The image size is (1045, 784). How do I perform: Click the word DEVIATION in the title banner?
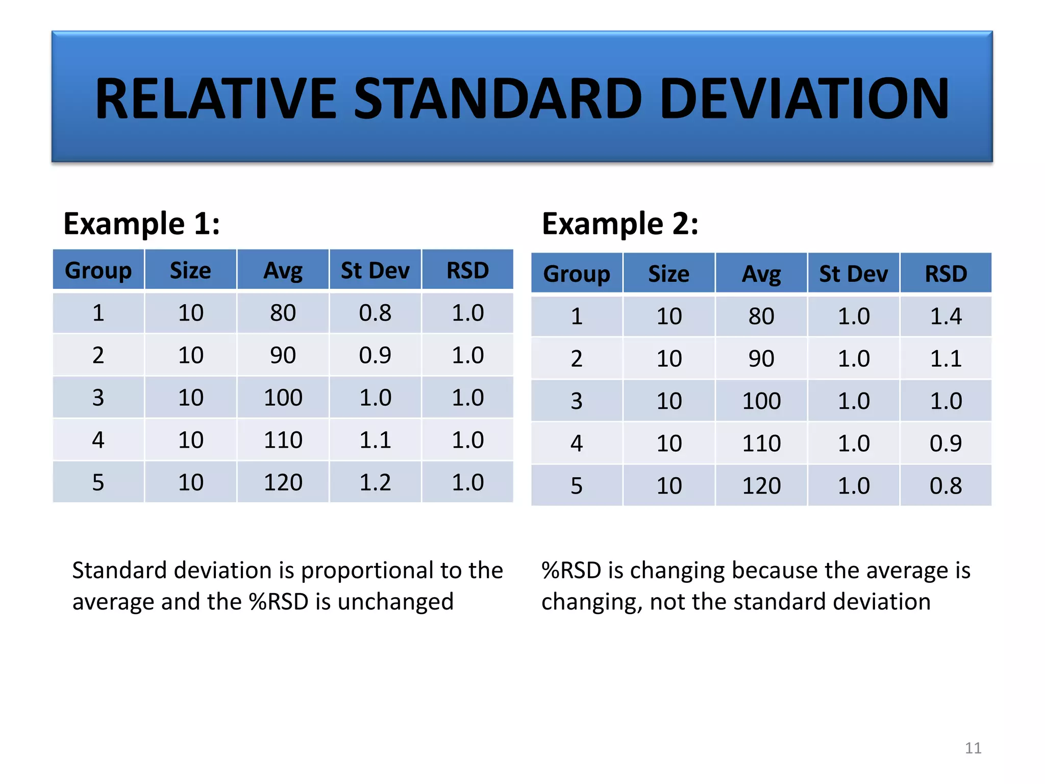804,99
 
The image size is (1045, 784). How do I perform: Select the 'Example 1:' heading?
141,224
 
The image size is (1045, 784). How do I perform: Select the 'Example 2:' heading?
620,224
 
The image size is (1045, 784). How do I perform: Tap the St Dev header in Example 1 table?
375,270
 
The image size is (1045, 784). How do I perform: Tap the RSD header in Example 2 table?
946,274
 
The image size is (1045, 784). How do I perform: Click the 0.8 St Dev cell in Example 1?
375,312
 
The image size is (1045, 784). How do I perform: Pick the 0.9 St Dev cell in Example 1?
375,355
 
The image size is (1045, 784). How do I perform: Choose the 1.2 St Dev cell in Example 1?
375,482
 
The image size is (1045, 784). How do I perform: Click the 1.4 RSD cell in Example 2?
946,316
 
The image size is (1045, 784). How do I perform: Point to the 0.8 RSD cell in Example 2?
946,485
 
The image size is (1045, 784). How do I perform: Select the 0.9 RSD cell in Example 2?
946,443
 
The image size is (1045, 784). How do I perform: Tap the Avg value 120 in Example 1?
283,482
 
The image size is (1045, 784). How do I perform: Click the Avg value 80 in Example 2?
761,316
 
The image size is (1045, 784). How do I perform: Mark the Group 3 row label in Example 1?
98,397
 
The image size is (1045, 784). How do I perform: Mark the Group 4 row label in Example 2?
577,443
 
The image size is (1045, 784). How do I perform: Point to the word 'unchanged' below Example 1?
395,602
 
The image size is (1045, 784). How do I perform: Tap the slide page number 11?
973,748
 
